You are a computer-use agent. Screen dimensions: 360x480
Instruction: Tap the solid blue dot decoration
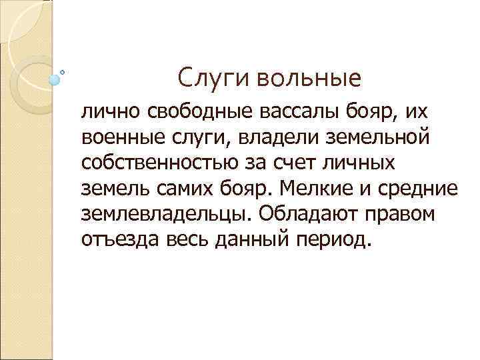pyautogui.click(x=55, y=79)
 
